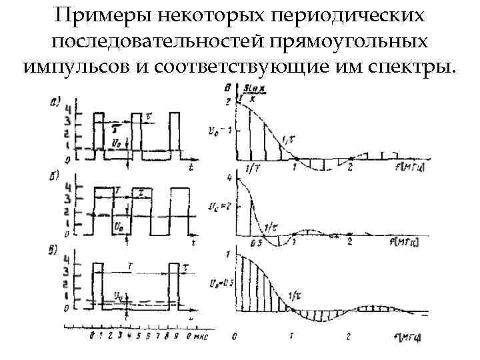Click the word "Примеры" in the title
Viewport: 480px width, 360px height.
[92, 16]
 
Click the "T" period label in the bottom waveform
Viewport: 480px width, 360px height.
[131, 266]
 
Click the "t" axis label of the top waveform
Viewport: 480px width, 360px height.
[191, 164]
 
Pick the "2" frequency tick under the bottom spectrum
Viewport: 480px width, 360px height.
[349, 335]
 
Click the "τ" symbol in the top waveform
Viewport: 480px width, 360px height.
[150, 115]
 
